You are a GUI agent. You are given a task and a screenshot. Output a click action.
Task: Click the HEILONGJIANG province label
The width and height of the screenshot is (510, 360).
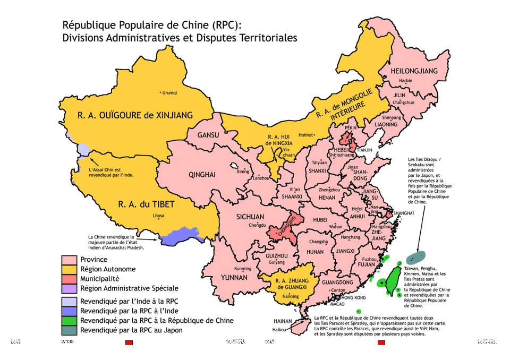[414, 71]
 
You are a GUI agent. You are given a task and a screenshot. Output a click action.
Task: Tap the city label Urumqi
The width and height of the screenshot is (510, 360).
[168, 92]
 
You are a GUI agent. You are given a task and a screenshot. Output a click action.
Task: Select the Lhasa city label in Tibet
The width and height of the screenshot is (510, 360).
[158, 216]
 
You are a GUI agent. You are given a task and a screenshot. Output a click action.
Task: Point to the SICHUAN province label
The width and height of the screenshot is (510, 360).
[250, 217]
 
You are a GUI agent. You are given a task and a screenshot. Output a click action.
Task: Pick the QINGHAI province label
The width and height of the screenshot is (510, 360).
[202, 175]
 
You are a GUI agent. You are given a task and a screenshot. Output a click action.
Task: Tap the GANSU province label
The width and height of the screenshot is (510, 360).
[208, 135]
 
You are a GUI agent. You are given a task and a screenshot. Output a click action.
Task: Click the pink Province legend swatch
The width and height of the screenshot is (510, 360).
[69, 260]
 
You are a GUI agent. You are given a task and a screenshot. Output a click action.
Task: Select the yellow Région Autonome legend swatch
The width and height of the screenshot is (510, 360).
[69, 269]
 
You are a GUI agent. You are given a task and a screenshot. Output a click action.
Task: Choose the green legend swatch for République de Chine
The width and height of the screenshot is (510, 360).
[69, 321]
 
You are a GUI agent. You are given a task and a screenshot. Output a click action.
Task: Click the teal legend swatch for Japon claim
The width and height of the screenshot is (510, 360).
[69, 330]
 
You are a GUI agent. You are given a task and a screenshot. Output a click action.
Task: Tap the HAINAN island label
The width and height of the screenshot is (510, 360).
[282, 321]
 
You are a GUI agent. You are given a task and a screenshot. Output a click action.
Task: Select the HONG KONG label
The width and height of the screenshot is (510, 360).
[353, 298]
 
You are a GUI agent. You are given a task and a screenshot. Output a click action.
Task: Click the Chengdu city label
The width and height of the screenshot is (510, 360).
[257, 226]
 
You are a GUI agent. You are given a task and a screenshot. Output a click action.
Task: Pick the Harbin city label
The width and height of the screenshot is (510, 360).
[405, 81]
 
